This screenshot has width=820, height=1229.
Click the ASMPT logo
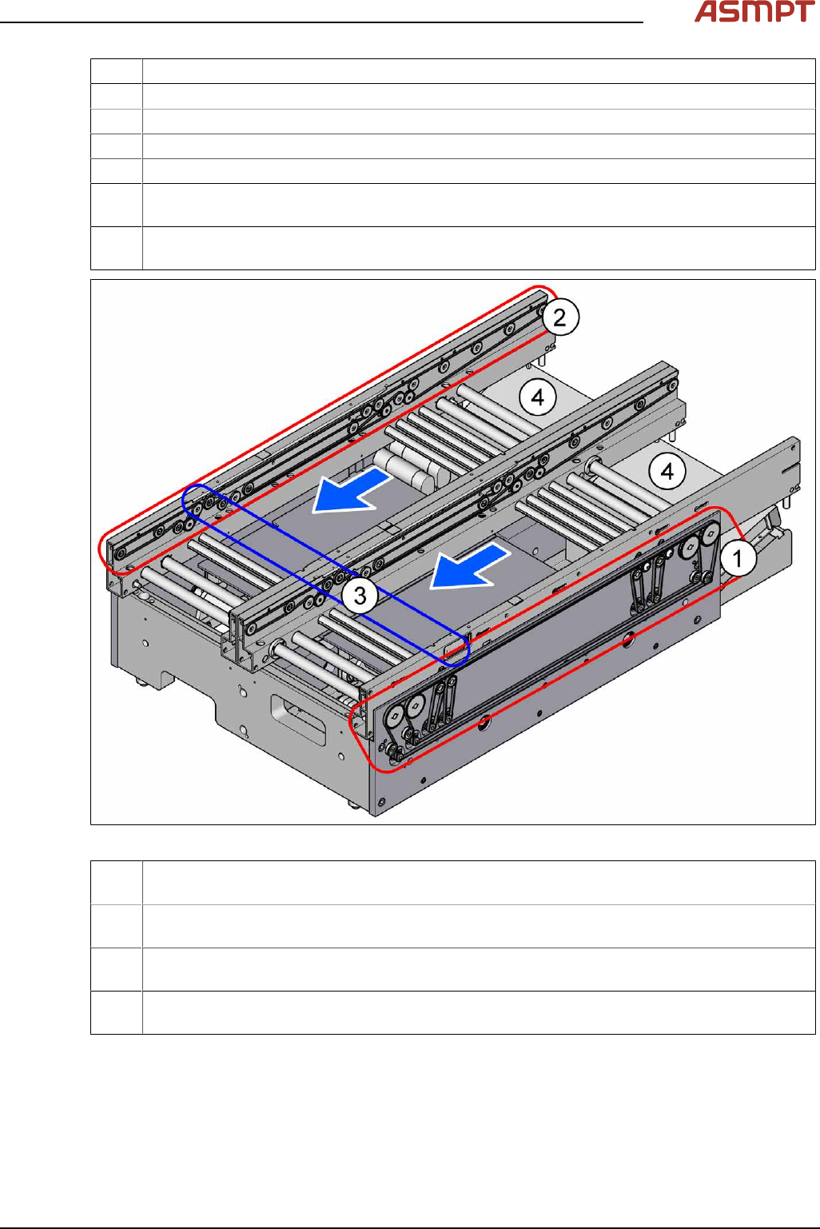coord(754,11)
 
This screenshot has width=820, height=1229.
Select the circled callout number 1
coord(738,558)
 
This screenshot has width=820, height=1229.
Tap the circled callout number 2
coord(559,317)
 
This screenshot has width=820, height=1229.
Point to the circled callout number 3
coord(360,595)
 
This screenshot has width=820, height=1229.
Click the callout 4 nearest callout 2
coord(538,397)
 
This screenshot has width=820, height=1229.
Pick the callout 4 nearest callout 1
coord(667,471)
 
